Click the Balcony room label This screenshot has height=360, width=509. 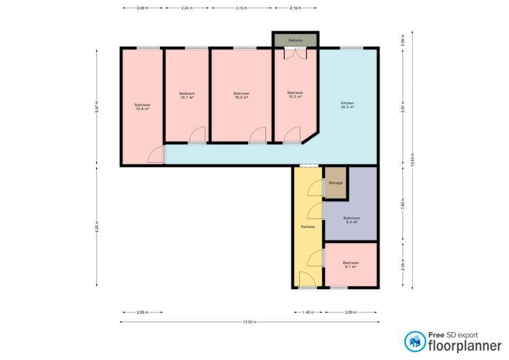click(x=296, y=40)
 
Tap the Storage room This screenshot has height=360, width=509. click(x=335, y=183)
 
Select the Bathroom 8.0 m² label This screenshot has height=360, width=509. click(x=352, y=220)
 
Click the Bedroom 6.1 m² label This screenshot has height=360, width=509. click(x=350, y=265)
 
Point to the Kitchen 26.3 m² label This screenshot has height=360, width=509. click(x=347, y=104)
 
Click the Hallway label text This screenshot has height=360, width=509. click(x=308, y=226)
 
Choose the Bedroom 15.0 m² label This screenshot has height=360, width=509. click(x=241, y=95)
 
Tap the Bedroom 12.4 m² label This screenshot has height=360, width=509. click(x=142, y=107)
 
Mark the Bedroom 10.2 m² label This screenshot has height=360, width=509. click(x=295, y=94)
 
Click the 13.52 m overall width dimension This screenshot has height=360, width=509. click(x=249, y=322)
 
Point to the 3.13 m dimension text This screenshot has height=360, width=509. click(x=241, y=8)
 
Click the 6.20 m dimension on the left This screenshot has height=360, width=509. click(x=96, y=227)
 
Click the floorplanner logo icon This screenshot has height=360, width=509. click(x=415, y=342)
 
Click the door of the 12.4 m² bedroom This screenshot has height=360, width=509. click(x=156, y=155)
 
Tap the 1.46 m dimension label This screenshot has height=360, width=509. click(x=308, y=312)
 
